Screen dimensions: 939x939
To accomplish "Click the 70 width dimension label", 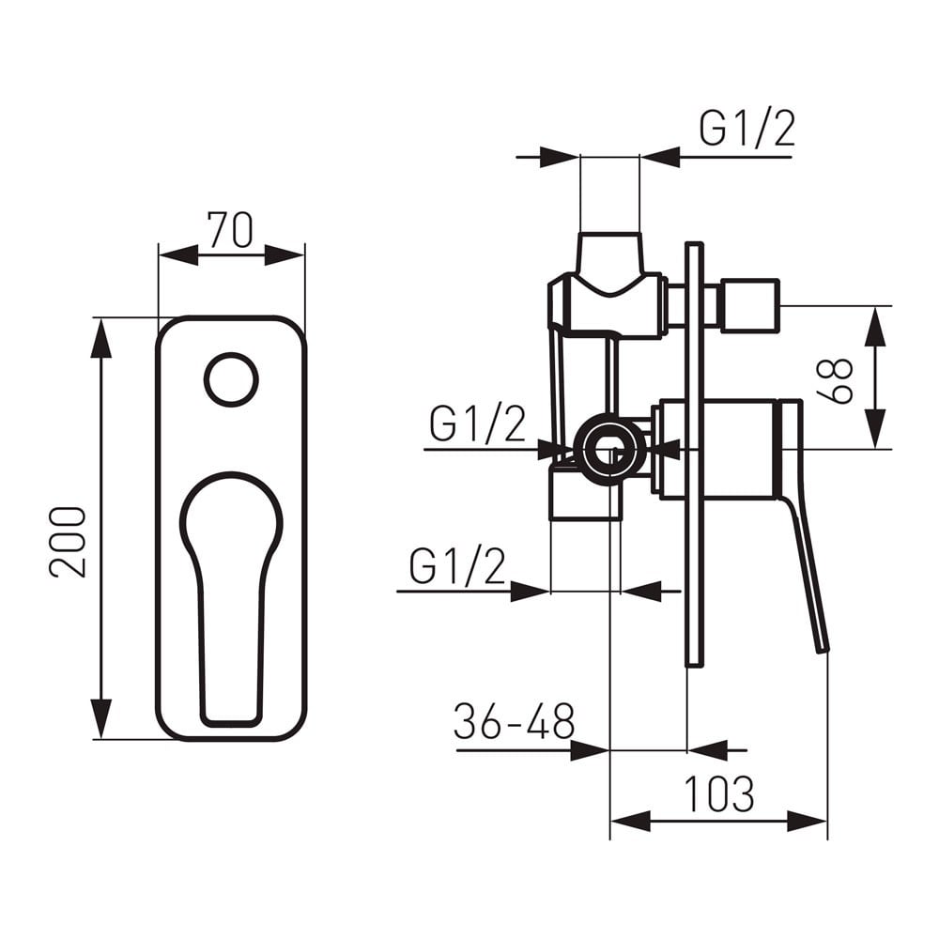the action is [x=231, y=229].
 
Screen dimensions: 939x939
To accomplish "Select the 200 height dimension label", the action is [x=68, y=542].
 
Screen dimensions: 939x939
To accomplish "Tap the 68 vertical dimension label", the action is [x=834, y=381].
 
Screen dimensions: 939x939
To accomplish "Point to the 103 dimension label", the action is [x=718, y=794].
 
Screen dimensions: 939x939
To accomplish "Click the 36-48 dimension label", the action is [x=514, y=721].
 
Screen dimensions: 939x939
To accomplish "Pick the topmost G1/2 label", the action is [x=747, y=129].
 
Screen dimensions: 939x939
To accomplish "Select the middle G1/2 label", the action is [x=477, y=423].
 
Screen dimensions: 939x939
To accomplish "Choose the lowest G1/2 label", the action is [x=457, y=566].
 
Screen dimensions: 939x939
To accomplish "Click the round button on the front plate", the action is [x=231, y=379].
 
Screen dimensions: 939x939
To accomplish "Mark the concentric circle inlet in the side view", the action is [x=609, y=447].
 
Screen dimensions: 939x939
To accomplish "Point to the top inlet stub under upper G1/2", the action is [x=609, y=254].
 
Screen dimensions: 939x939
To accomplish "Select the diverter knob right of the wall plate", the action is [x=749, y=305].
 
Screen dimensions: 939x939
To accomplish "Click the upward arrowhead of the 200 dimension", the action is [x=101, y=337].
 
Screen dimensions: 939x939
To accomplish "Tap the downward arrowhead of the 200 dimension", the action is [x=101, y=718].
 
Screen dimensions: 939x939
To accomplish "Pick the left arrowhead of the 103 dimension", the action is [x=630, y=821].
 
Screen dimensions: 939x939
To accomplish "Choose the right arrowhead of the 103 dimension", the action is [x=807, y=821].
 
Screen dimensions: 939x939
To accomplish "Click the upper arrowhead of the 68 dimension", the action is [x=876, y=327].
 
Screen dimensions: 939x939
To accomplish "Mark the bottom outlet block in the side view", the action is [x=586, y=495].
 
